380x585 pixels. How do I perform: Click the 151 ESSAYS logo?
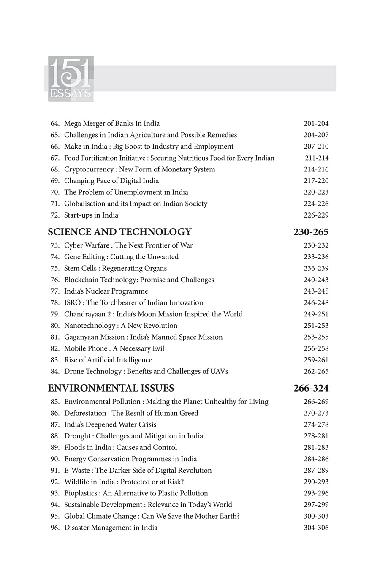coord(71,79)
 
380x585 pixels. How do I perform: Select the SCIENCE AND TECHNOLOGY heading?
coord(119,232)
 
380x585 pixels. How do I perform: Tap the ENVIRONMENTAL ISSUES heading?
coord(111,388)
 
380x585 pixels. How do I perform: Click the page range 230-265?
coord(311,232)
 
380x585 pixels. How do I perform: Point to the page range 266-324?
coord(311,388)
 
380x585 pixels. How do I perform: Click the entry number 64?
coord(55,124)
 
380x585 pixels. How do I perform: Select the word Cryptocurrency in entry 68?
coord(89,169)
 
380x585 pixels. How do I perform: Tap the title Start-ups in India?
coord(91,215)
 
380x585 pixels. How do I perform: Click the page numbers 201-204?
coord(316,124)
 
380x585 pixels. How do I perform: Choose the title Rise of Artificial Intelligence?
coord(108,360)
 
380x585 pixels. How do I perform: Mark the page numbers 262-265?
coord(316,371)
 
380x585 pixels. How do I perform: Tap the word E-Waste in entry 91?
coord(77,470)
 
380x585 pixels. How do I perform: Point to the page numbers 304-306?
coord(316,528)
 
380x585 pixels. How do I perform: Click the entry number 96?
coord(55,528)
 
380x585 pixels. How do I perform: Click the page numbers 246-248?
coord(316,303)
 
